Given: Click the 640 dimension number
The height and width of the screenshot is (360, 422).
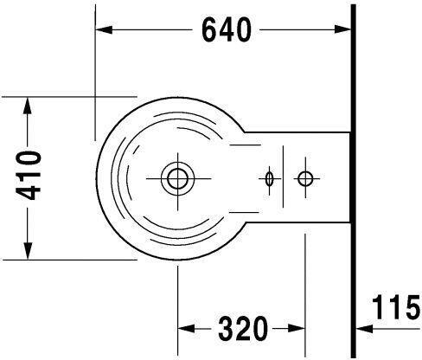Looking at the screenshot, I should [x=226, y=30].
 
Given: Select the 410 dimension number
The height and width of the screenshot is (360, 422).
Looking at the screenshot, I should [x=29, y=177].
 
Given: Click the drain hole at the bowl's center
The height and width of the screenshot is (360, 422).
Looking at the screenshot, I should [x=177, y=178].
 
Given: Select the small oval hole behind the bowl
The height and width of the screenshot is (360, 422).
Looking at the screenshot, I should [x=270, y=178].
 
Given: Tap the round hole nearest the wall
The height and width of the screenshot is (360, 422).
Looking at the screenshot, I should [x=304, y=178].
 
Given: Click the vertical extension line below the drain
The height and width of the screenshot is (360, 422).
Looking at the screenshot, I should [x=177, y=294].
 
